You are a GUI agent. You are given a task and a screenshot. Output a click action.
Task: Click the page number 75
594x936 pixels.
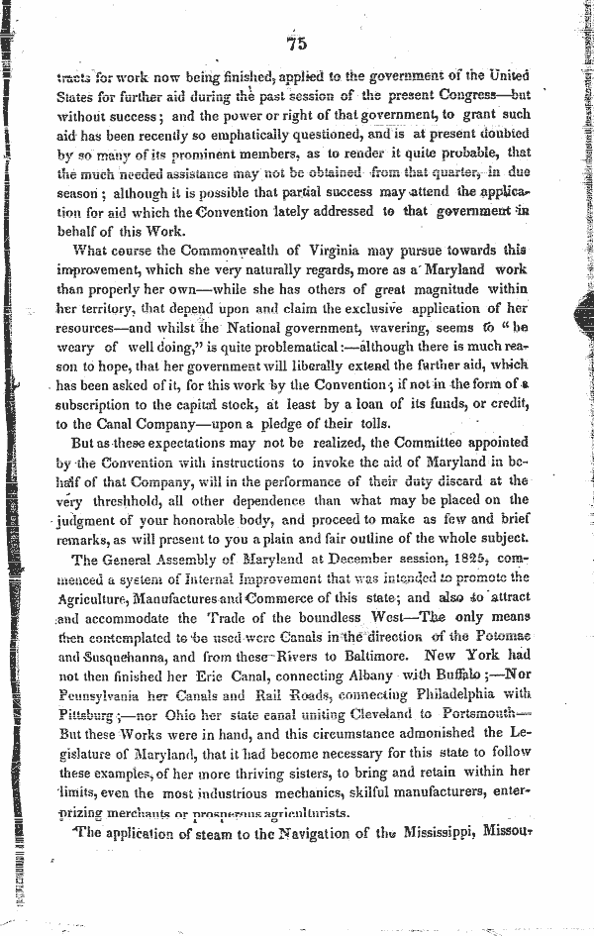[298, 43]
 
